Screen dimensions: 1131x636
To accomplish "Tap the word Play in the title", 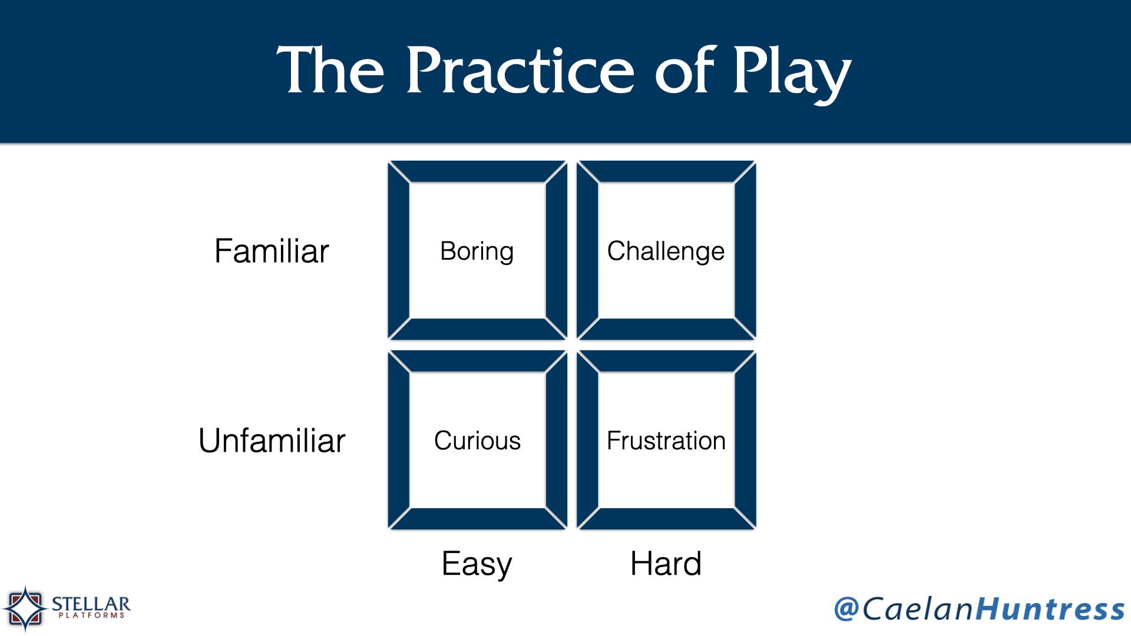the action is click(x=792, y=75).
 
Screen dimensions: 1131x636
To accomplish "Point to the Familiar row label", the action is click(x=272, y=251).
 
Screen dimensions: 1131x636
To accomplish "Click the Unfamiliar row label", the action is click(x=272, y=440).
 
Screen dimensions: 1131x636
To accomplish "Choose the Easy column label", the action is click(x=477, y=564).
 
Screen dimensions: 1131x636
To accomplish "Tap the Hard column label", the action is click(x=666, y=564).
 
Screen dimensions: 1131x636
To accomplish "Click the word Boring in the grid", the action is click(x=477, y=251).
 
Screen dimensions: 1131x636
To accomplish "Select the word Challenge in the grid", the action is click(x=666, y=251).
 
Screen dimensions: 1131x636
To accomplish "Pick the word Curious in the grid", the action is click(x=477, y=440).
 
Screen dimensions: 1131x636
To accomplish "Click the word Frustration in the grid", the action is click(x=666, y=440).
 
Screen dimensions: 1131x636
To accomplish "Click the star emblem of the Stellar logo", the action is click(x=25, y=608).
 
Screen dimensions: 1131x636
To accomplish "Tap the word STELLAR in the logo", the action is click(x=91, y=604).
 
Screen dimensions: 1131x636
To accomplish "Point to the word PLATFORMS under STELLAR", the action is click(x=91, y=616).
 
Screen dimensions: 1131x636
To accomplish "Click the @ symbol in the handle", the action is click(x=846, y=608).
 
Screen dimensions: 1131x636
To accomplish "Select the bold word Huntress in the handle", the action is click(x=1050, y=608).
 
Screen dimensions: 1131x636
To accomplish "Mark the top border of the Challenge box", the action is click(x=666, y=171).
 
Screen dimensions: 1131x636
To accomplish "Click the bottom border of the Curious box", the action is click(x=477, y=518).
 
